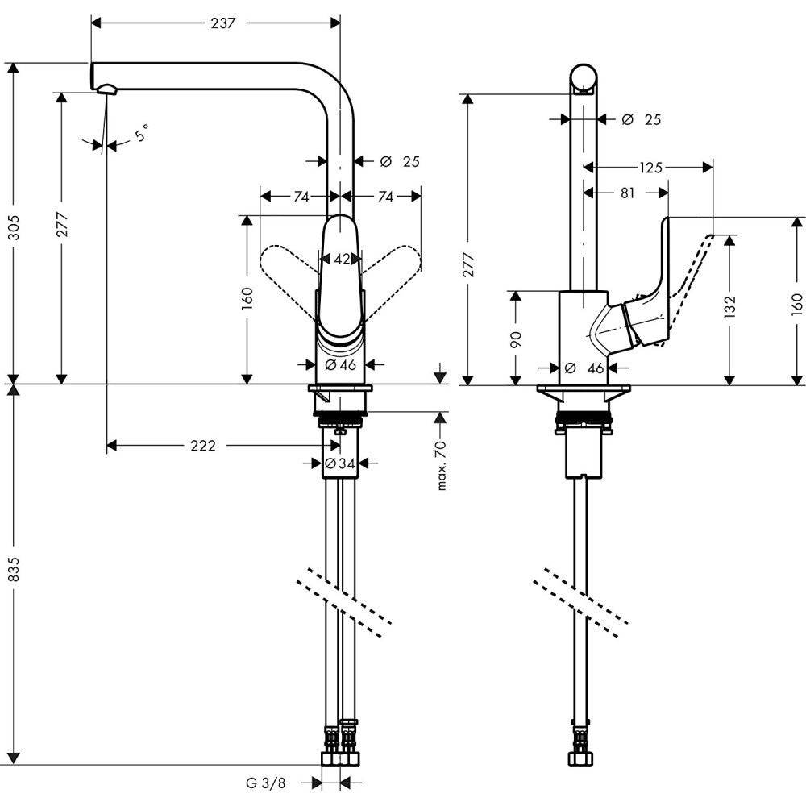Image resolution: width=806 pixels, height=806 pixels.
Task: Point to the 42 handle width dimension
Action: (342, 259)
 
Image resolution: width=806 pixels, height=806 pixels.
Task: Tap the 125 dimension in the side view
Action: (650, 168)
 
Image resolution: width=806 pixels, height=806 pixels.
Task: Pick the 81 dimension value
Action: (629, 193)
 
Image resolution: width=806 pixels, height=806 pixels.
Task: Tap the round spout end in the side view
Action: (584, 78)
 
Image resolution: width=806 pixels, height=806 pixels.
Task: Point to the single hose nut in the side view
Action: (580, 758)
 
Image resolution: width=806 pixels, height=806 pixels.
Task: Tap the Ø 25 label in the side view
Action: (642, 119)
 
